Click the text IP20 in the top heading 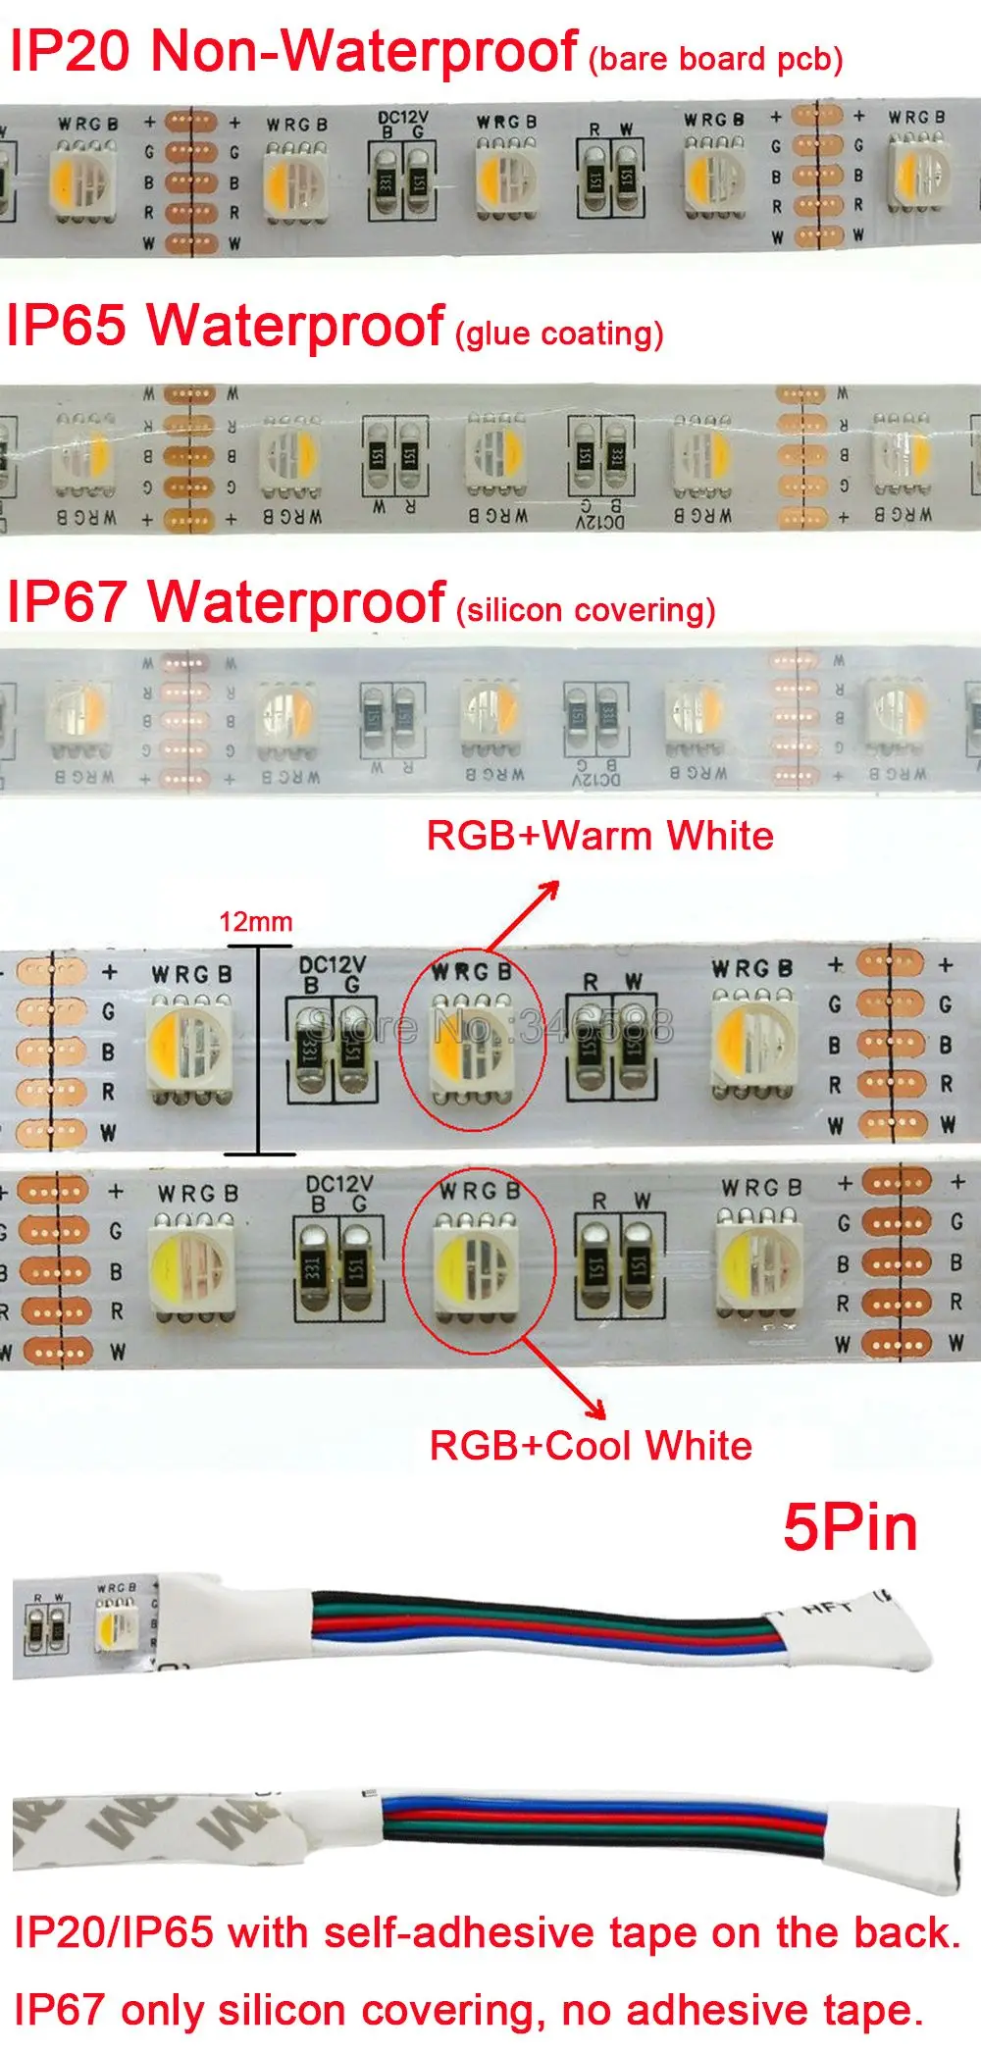(x=70, y=51)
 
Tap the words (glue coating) (x=559, y=334)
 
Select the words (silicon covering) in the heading (x=586, y=610)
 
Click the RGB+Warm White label (x=599, y=837)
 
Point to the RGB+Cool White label (x=591, y=1447)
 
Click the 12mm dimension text (x=255, y=922)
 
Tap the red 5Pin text (x=851, y=1528)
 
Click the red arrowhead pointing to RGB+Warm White (x=550, y=890)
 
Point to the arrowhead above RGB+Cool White (x=594, y=1410)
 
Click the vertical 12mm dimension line (x=259, y=1050)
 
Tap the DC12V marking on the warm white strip (x=332, y=965)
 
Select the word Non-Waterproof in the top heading (x=364, y=51)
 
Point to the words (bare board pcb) (x=715, y=60)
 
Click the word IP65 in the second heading (x=67, y=325)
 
